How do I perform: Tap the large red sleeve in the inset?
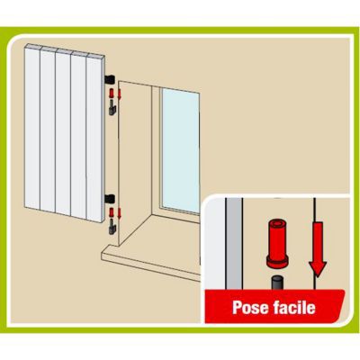(277, 243)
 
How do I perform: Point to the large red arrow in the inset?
(317, 249)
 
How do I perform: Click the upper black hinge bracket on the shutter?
(110, 79)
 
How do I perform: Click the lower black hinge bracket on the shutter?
(110, 198)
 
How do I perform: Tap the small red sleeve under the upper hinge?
(112, 94)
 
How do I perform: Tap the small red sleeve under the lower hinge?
(112, 212)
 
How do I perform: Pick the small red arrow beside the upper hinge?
(119, 94)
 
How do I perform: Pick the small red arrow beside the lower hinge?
(119, 213)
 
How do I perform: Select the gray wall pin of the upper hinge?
(112, 108)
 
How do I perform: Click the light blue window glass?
(181, 150)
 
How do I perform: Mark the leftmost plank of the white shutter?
(32, 127)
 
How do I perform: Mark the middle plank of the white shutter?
(63, 132)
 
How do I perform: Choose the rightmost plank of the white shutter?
(94, 139)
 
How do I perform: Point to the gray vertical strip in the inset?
(234, 244)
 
